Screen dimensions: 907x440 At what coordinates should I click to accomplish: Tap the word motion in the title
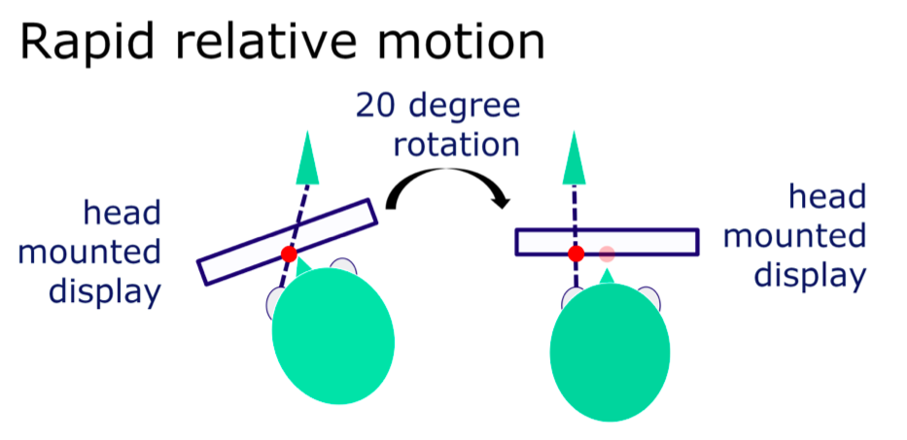tap(442, 41)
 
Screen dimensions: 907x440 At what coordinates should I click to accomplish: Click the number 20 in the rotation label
tap(378, 107)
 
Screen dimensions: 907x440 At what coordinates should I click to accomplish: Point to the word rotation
tap(456, 145)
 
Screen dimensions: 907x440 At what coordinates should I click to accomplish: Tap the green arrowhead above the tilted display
tap(307, 157)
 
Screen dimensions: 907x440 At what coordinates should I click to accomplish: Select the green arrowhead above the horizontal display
tap(574, 157)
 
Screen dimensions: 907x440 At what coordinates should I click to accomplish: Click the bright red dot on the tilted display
tap(289, 254)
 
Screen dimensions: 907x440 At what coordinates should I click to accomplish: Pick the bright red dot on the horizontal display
tap(576, 254)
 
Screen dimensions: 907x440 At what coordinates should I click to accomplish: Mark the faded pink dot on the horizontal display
tap(607, 254)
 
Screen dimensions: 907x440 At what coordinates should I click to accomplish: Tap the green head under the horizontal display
tap(610, 353)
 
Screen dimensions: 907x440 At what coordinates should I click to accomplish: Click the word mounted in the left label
tap(89, 254)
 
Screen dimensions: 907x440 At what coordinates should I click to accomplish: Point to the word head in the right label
tap(827, 197)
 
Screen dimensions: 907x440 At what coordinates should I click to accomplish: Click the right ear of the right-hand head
tap(649, 298)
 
